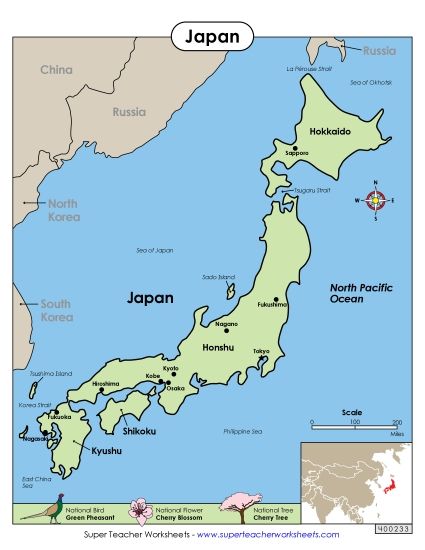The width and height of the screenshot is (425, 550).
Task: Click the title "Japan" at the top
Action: click(x=212, y=37)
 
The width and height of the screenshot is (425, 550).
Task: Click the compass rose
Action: click(x=375, y=200)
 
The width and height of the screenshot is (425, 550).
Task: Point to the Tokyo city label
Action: click(x=261, y=351)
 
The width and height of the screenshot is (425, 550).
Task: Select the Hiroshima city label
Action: click(x=107, y=383)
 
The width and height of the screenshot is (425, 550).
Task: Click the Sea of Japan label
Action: click(x=155, y=250)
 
